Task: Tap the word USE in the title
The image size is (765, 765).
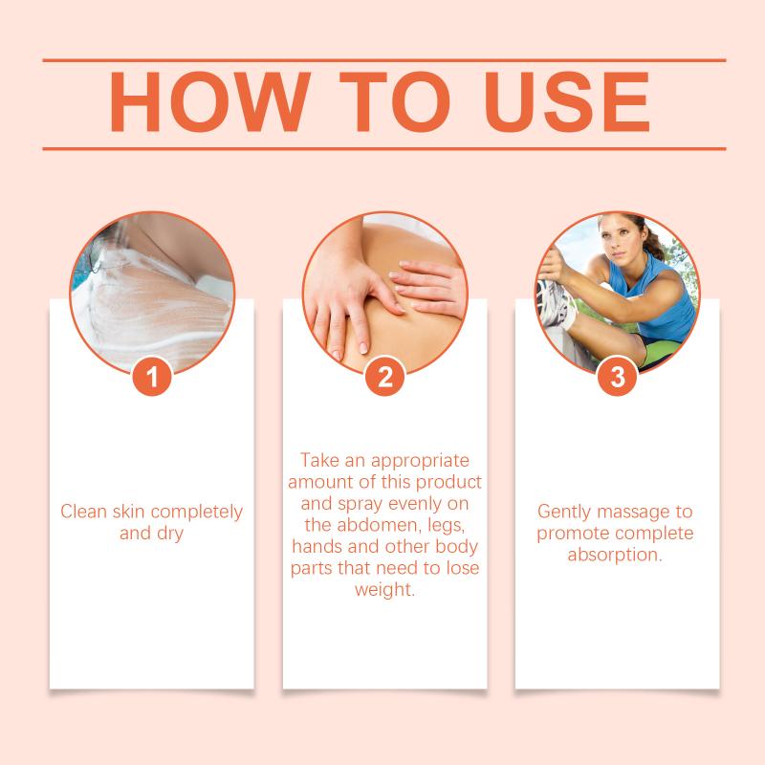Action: [x=566, y=101]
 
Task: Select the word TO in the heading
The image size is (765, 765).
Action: [x=394, y=101]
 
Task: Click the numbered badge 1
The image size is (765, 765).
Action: [x=152, y=376]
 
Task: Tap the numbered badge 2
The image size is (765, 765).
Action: [x=385, y=376]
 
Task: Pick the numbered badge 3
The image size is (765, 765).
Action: [x=617, y=376]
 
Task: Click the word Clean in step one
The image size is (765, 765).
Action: [x=83, y=512]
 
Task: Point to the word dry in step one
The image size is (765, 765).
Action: [x=170, y=534]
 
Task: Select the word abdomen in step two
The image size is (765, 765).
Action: [x=380, y=525]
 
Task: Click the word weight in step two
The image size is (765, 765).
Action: [x=384, y=590]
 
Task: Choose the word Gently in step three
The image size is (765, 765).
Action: [x=565, y=512]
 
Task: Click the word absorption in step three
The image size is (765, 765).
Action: [x=615, y=555]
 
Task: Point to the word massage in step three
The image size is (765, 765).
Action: [x=633, y=513]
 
